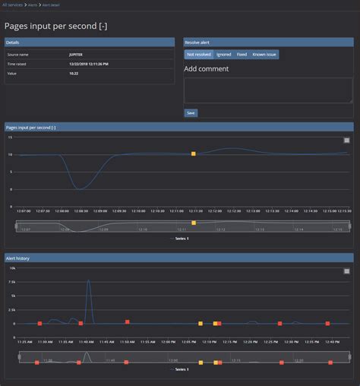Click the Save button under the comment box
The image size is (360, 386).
click(x=191, y=112)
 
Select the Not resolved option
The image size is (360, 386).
click(x=199, y=55)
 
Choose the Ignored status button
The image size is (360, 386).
click(x=223, y=55)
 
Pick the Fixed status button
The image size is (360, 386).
click(x=242, y=55)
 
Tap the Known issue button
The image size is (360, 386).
click(x=264, y=55)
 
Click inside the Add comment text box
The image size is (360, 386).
click(x=267, y=90)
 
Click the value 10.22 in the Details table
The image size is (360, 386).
click(x=74, y=73)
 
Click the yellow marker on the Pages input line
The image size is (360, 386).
click(x=194, y=154)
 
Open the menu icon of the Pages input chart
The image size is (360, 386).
click(x=346, y=141)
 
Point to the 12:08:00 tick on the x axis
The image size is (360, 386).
click(x=82, y=210)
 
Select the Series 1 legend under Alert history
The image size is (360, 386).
click(x=182, y=369)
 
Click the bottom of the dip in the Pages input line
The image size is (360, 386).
click(x=81, y=188)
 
